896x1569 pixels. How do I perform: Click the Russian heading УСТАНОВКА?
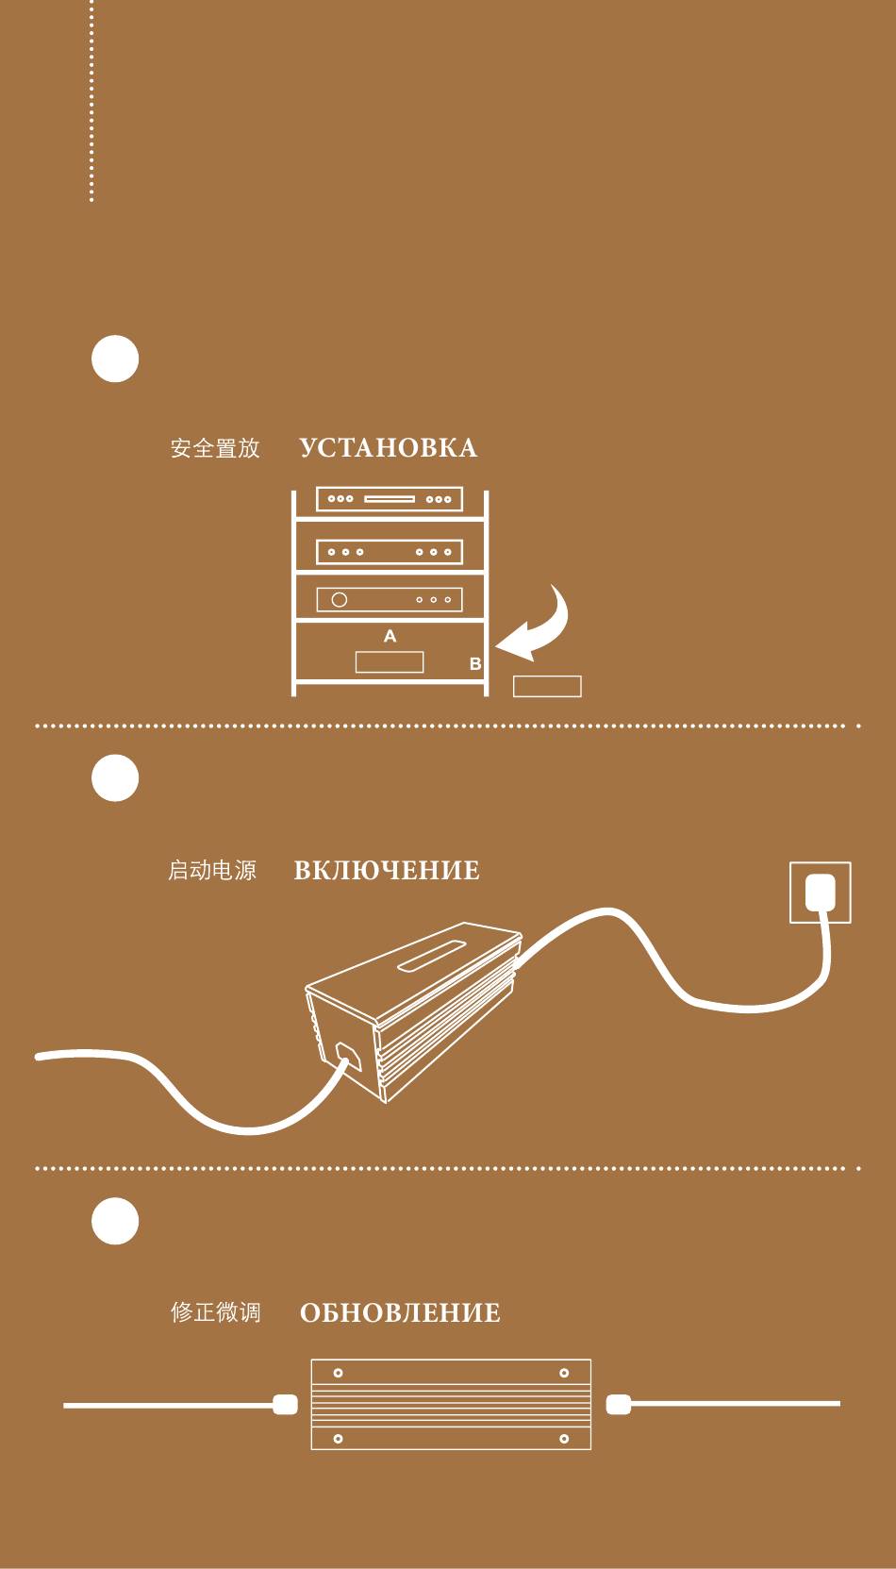click(x=388, y=448)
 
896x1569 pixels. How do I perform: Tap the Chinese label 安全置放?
click(x=215, y=448)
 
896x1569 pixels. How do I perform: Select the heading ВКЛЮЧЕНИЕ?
click(x=387, y=870)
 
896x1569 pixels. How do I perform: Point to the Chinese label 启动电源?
click(x=212, y=870)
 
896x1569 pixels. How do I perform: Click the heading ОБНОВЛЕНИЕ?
click(x=400, y=1313)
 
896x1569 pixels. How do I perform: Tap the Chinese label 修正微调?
click(x=215, y=1312)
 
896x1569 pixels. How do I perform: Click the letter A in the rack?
click(x=390, y=637)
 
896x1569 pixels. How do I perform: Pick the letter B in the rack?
click(x=475, y=664)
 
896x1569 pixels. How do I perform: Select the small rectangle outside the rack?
click(x=547, y=687)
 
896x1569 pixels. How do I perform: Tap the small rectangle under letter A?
click(x=390, y=661)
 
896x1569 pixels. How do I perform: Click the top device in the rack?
click(x=390, y=498)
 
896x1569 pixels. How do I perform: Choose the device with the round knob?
click(x=390, y=599)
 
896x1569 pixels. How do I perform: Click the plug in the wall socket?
click(x=821, y=892)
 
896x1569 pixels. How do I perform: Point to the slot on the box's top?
click(x=433, y=955)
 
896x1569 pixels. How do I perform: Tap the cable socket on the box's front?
click(x=347, y=1057)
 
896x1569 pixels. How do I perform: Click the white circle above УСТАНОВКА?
click(x=115, y=359)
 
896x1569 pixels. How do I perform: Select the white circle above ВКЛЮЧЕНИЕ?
click(x=115, y=778)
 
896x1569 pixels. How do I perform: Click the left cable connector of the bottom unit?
click(x=285, y=1405)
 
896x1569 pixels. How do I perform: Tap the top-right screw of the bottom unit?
click(x=564, y=1373)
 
